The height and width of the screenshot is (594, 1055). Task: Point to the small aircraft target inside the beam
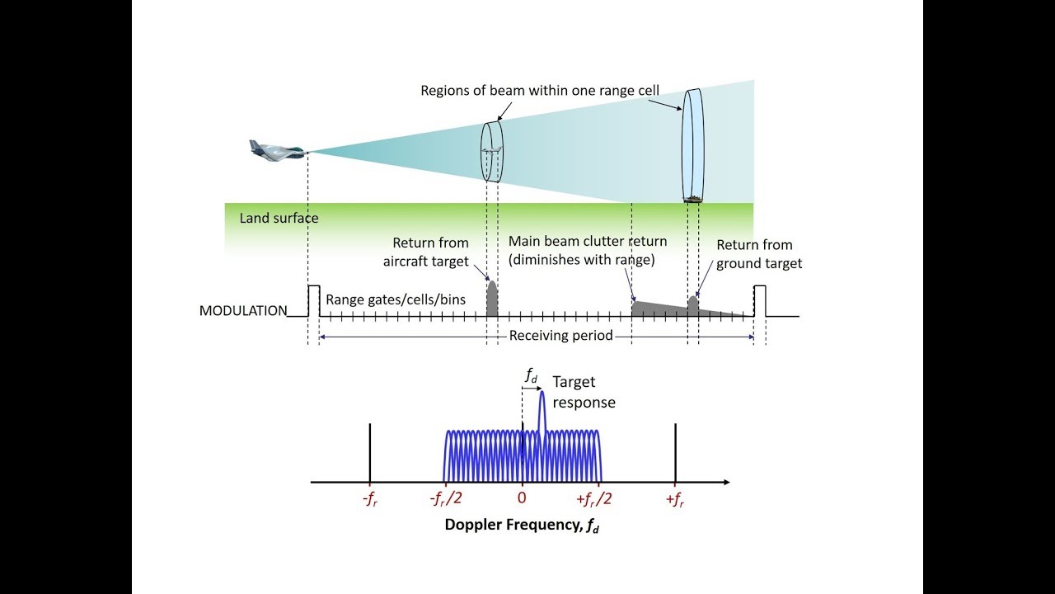[x=492, y=151]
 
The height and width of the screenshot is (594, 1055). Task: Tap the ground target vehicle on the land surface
[x=693, y=198]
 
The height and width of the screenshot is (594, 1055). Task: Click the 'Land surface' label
[x=279, y=219]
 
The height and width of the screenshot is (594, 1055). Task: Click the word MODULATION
[x=243, y=311]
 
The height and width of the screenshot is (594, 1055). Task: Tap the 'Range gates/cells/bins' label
[x=396, y=299]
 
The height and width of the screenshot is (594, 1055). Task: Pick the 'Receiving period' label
[x=560, y=336]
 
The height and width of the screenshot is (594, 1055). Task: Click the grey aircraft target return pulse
[x=492, y=299]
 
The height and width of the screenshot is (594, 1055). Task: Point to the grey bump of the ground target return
[x=693, y=304]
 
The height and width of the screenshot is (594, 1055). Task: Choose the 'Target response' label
[x=584, y=392]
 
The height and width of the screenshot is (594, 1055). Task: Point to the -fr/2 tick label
[x=445, y=500]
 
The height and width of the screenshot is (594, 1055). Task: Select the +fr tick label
[x=675, y=500]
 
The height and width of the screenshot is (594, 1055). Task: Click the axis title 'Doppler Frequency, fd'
[x=522, y=525]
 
